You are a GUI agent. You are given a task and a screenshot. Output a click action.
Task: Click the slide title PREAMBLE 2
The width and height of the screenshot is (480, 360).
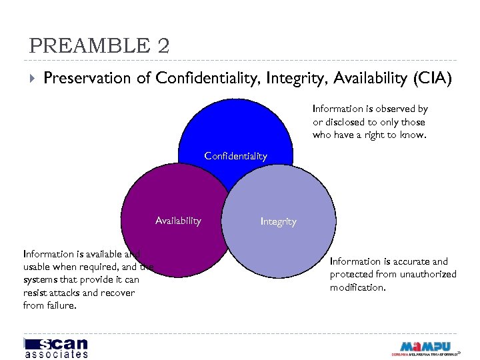point(99,46)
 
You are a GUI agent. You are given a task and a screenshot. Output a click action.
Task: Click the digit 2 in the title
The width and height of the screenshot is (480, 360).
point(163,46)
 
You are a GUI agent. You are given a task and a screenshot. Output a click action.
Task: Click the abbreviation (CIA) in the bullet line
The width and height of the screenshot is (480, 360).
point(432,79)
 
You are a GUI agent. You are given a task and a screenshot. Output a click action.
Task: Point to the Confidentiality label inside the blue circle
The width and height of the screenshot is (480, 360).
point(235,156)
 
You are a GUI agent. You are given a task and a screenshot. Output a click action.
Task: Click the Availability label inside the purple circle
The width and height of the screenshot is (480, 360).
point(178,221)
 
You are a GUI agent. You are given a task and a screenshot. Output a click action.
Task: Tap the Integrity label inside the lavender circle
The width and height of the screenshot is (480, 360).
point(278,221)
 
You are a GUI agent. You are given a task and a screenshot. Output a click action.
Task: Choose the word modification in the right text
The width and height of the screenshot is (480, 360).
point(357,287)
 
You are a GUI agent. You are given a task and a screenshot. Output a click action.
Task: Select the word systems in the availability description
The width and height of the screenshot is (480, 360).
point(41,280)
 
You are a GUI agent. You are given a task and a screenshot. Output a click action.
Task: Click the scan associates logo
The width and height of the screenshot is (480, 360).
point(56,347)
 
